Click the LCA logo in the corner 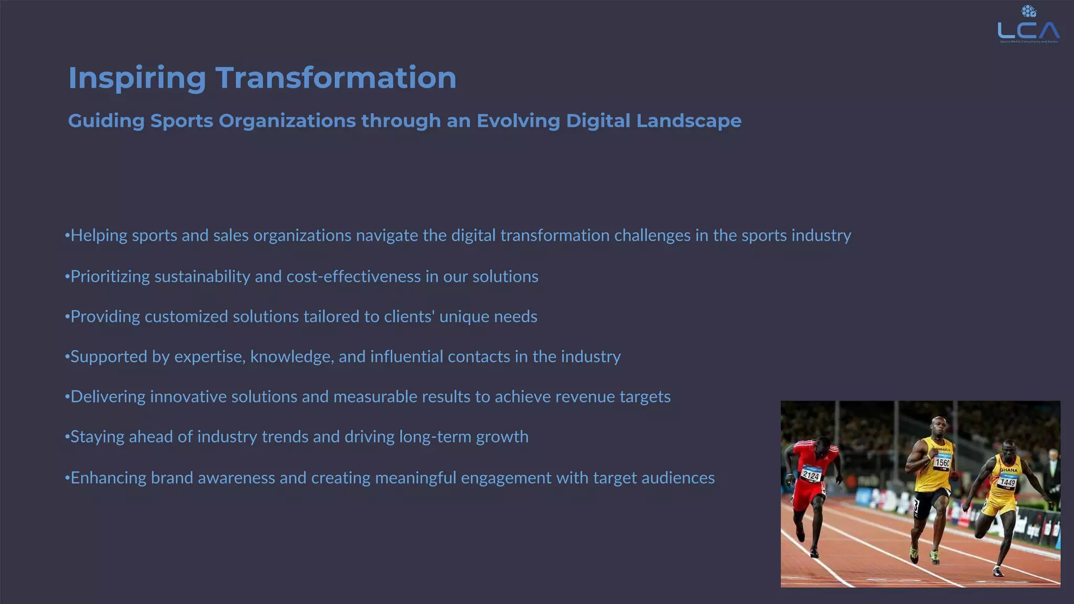pyautogui.click(x=1028, y=26)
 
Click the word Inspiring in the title pyautogui.click(x=137, y=78)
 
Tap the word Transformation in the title pyautogui.click(x=336, y=78)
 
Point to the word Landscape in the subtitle pyautogui.click(x=689, y=121)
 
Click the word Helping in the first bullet pyautogui.click(x=99, y=235)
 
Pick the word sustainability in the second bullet pyautogui.click(x=202, y=276)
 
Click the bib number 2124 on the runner pyautogui.click(x=811, y=476)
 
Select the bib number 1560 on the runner pyautogui.click(x=942, y=462)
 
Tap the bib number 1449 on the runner pyautogui.click(x=1007, y=482)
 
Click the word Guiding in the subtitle pyautogui.click(x=106, y=121)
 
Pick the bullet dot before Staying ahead pyautogui.click(x=67, y=437)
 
